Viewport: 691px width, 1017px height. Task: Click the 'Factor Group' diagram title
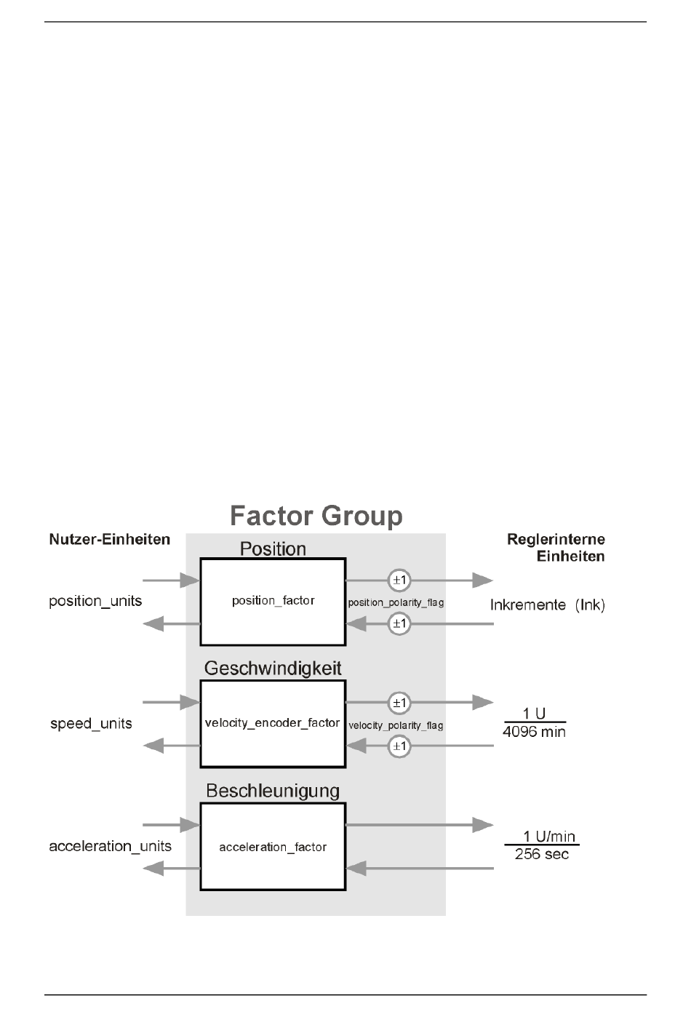point(316,517)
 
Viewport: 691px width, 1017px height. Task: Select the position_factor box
point(273,602)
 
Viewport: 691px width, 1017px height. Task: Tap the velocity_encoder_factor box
point(273,723)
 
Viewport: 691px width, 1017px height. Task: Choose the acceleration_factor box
point(273,847)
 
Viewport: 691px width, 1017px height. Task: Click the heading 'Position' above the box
point(273,549)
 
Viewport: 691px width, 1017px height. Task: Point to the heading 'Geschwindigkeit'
point(273,669)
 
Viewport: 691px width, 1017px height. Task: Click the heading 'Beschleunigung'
point(273,791)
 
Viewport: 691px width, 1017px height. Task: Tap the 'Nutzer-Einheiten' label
point(110,540)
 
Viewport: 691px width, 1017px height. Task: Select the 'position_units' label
point(95,602)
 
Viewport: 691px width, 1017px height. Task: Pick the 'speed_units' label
point(91,724)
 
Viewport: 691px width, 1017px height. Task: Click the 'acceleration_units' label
point(110,847)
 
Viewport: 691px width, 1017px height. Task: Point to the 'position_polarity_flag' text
point(396,603)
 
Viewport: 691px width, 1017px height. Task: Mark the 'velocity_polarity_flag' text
point(396,726)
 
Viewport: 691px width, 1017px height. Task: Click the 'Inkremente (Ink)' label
point(548,605)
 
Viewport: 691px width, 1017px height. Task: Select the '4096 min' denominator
point(534,733)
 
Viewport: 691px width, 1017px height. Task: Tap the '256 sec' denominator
point(541,855)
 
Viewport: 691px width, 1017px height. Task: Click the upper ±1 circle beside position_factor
point(399,581)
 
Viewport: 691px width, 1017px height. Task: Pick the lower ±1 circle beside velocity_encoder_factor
point(399,746)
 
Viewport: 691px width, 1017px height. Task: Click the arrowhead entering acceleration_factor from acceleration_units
point(190,825)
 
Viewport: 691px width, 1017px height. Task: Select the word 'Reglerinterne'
point(556,540)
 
